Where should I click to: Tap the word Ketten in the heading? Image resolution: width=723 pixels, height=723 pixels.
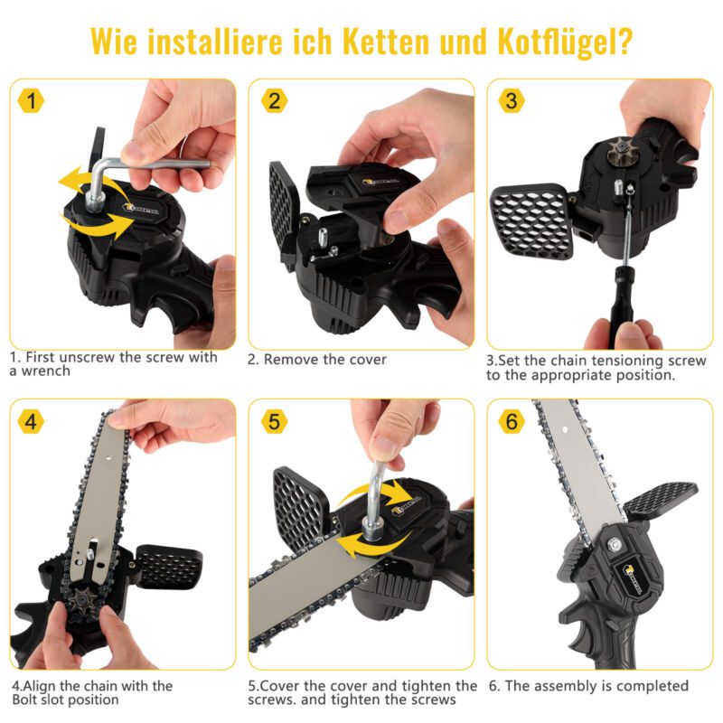click(387, 42)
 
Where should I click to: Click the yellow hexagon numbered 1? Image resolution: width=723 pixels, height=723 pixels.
click(31, 101)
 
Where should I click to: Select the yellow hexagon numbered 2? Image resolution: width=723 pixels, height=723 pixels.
click(275, 101)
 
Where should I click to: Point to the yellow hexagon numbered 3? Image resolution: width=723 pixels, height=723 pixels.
click(512, 101)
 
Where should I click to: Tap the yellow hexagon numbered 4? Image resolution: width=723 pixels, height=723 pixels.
click(31, 421)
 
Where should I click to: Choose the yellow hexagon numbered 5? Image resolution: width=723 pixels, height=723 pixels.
click(275, 421)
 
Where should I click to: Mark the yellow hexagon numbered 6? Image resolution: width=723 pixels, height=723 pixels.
click(512, 421)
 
